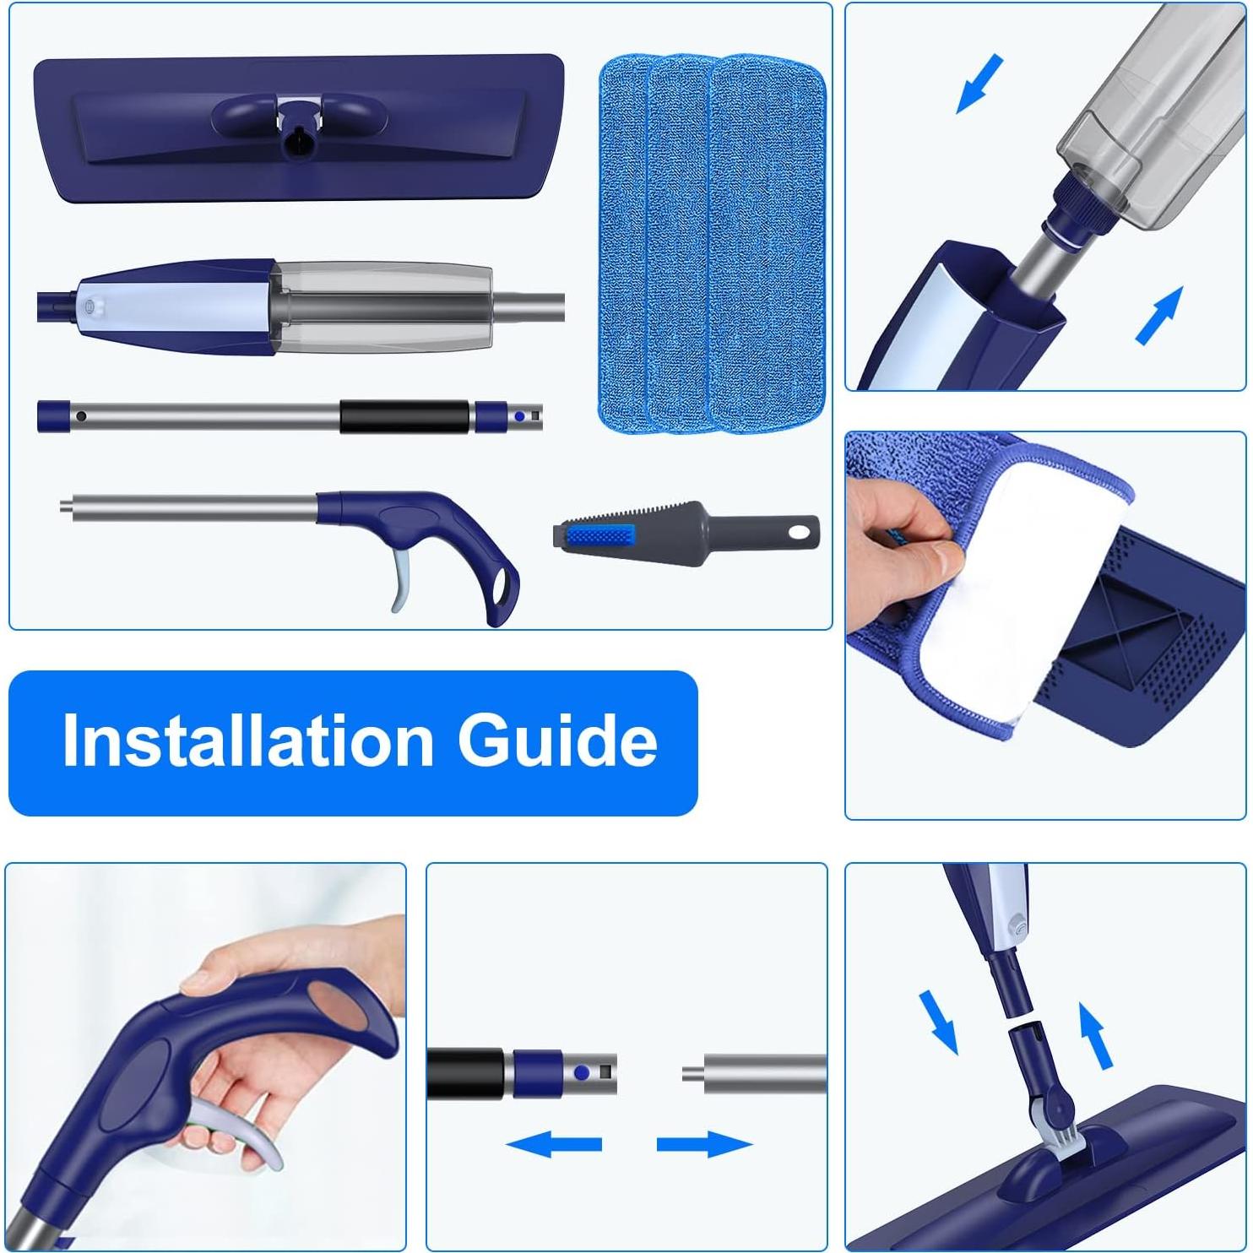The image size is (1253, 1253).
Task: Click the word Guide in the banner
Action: tap(557, 740)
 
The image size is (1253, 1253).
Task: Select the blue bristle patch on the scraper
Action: tap(599, 535)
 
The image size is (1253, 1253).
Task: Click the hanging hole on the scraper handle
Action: tap(799, 533)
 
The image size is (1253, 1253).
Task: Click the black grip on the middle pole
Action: tap(404, 417)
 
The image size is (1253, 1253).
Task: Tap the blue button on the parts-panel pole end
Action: tap(518, 416)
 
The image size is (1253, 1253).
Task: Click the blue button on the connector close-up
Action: tap(582, 1073)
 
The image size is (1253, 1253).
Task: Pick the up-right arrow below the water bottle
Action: tap(1160, 315)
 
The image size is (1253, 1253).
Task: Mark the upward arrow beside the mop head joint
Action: tap(1096, 1034)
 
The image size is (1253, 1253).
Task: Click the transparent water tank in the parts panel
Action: tap(384, 306)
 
